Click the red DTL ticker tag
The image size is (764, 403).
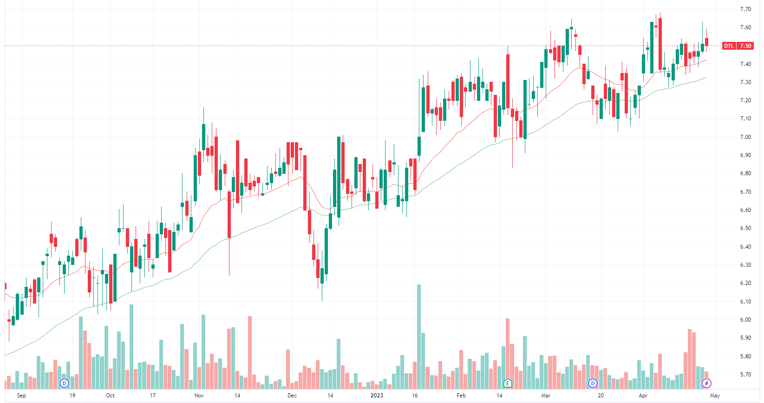coord(729,46)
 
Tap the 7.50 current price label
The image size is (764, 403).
coord(745,46)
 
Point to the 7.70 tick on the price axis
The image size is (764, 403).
coord(745,9)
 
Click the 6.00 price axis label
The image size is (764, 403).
coord(745,320)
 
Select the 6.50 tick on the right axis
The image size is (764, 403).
coord(745,228)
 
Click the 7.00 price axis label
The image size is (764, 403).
coord(745,137)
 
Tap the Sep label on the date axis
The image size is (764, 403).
coord(21,396)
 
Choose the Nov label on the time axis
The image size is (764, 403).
coord(199,396)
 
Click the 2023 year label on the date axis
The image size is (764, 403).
coord(377,396)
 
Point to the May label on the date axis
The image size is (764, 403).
coord(715,396)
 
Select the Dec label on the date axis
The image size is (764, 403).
coord(292,396)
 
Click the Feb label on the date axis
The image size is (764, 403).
coord(461,396)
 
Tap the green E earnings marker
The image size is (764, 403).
coord(508,383)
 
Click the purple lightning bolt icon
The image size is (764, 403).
coord(706,383)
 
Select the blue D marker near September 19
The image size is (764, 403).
coord(65,383)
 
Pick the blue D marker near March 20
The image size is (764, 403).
coord(593,383)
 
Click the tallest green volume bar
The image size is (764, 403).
coord(419,335)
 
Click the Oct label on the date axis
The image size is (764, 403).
coord(110,396)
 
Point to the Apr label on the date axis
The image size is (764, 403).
coord(643,396)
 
